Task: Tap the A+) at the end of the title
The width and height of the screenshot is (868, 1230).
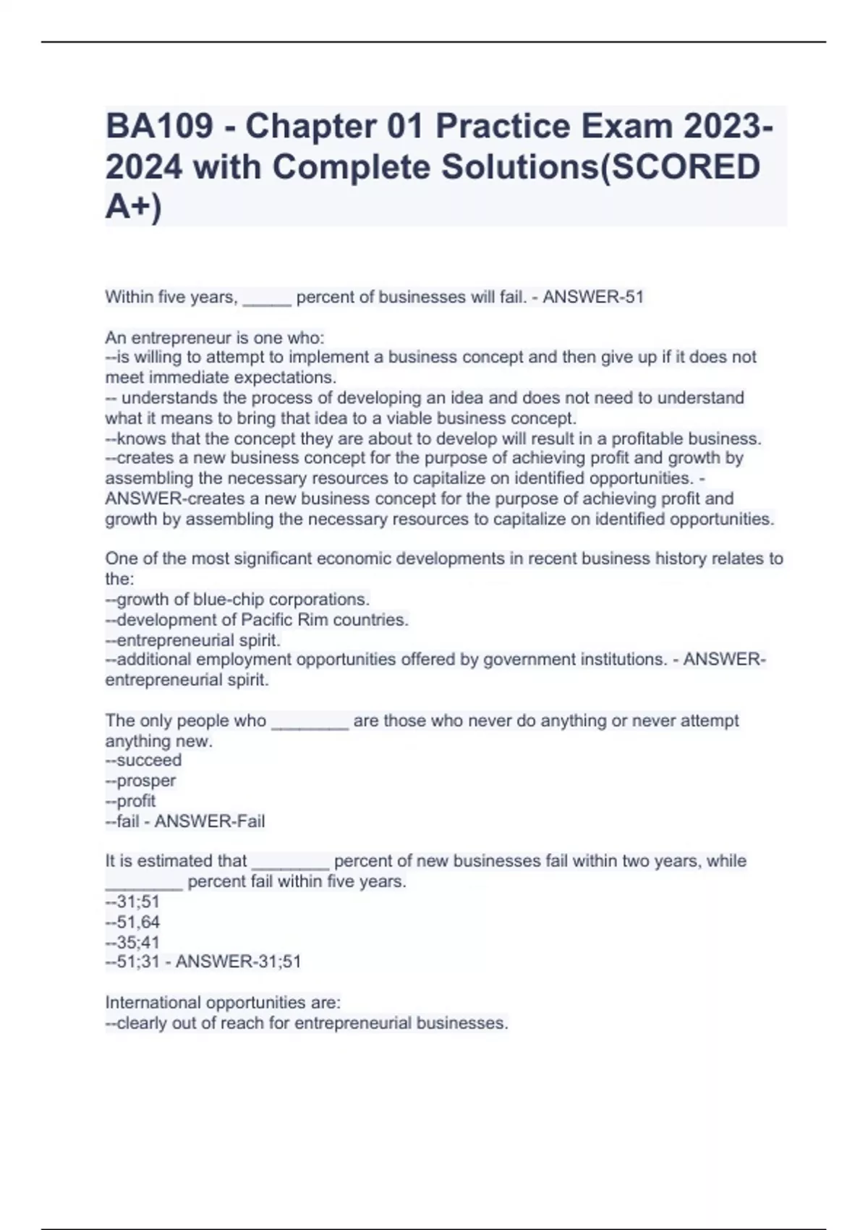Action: (x=134, y=207)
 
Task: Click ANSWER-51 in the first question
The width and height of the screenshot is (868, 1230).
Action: (x=593, y=297)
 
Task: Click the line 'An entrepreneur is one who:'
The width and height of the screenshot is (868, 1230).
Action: (x=215, y=338)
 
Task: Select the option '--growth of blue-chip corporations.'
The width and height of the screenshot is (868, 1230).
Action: (x=237, y=600)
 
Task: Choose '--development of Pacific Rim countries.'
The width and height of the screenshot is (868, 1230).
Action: (x=257, y=620)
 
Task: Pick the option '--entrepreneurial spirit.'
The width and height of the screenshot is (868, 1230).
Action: (x=192, y=640)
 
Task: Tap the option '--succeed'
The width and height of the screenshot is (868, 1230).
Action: (x=143, y=760)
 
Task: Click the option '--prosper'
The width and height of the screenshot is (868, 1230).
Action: (x=140, y=781)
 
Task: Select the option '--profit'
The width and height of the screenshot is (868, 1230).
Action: (x=130, y=801)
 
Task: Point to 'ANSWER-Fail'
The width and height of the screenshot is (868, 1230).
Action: (x=210, y=821)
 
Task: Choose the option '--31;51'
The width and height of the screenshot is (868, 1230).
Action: (x=132, y=902)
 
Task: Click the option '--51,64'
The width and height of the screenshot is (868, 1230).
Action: (x=132, y=922)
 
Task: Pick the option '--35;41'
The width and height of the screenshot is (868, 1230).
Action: (x=132, y=942)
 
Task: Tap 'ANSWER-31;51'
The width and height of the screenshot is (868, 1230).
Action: (x=238, y=962)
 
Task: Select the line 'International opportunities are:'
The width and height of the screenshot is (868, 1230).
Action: (x=223, y=1003)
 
